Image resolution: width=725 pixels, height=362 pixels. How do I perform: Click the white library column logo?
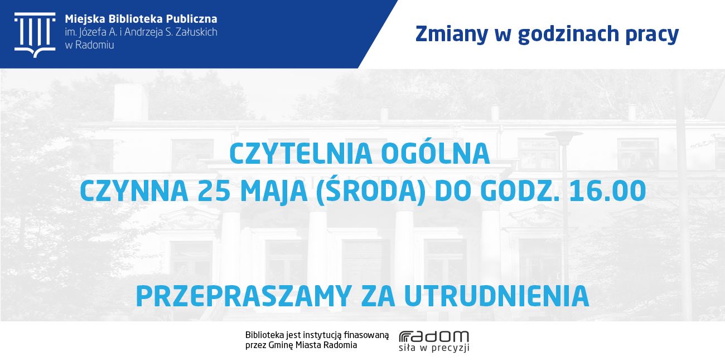point(35,35)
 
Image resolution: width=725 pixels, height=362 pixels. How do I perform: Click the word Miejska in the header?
point(85,19)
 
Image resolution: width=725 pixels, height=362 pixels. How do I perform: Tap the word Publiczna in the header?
point(192,19)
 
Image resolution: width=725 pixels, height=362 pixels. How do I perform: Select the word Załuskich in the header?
point(196,32)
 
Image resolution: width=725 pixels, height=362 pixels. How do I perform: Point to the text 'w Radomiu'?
point(89,45)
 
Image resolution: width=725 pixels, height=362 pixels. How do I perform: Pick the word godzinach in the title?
point(568,35)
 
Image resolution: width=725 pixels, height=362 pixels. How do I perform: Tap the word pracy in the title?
point(652,35)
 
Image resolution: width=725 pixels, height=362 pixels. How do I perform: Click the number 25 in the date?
point(214,191)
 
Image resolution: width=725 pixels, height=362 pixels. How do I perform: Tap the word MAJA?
point(274,192)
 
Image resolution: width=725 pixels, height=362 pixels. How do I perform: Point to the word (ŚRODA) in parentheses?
point(371,190)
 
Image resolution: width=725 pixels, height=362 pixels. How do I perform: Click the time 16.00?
point(607,191)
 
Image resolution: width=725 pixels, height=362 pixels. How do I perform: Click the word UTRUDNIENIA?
point(496,296)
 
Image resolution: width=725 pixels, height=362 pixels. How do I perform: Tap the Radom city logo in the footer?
point(434,337)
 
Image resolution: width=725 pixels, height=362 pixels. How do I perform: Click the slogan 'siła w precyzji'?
point(434,348)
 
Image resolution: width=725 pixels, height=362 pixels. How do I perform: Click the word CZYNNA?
point(134,191)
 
